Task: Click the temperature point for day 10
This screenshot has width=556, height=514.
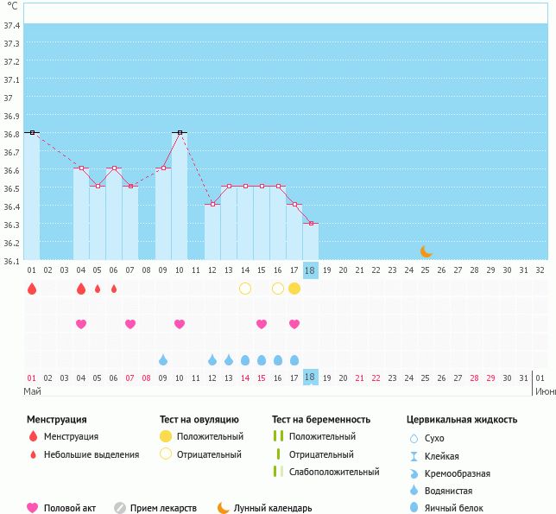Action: click(x=180, y=132)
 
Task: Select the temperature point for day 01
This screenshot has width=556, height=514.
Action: click(x=32, y=132)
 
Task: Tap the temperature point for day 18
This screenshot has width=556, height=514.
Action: click(x=311, y=223)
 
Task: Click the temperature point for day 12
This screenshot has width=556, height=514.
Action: click(x=212, y=204)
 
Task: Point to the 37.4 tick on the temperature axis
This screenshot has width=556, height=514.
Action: click(x=11, y=25)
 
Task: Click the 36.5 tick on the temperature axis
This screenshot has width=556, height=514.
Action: click(x=11, y=188)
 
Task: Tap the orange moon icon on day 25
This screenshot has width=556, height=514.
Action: click(x=426, y=251)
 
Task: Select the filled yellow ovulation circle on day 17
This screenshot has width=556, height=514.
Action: click(x=294, y=289)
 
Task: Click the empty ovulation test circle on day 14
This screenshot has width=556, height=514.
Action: click(x=245, y=289)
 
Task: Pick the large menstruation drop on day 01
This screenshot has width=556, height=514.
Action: click(x=32, y=289)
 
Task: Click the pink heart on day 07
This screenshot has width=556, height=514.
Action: click(x=130, y=324)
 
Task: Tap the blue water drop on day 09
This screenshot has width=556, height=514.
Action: click(x=163, y=359)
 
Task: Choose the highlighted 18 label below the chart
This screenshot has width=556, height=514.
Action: click(x=311, y=378)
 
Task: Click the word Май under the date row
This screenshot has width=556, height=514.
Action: click(x=32, y=391)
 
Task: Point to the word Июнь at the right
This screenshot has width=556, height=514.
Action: click(x=545, y=391)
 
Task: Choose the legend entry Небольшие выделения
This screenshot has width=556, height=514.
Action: click(x=91, y=454)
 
